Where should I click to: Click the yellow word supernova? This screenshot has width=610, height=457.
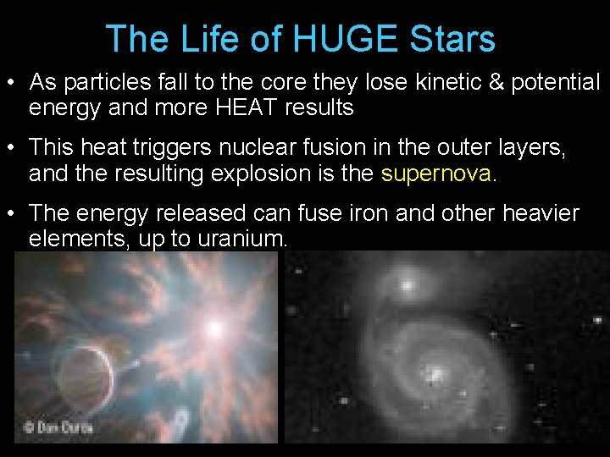(x=435, y=173)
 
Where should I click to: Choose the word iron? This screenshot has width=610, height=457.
(x=367, y=213)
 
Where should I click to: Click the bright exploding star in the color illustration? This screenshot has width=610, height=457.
(x=215, y=326)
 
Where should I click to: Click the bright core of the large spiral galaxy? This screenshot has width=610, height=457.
(x=435, y=373)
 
